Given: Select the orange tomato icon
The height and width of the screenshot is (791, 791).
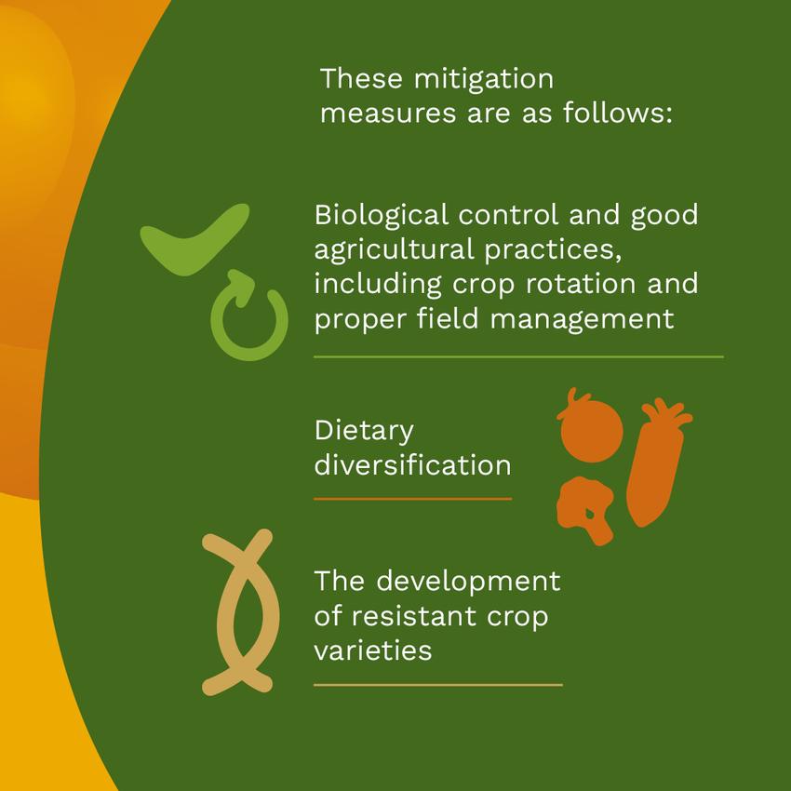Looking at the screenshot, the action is point(591,429).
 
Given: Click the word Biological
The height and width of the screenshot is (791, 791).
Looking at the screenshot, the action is point(382,215).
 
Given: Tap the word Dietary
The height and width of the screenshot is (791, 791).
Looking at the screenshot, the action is point(364,432).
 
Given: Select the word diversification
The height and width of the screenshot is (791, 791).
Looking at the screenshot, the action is point(412,464).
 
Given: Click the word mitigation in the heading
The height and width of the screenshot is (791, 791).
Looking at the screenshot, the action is point(484,80).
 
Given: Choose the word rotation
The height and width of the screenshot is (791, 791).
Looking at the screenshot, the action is point(581,284).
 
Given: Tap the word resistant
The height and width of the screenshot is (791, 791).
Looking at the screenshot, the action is point(414,616).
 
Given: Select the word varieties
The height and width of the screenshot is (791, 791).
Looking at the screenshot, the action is point(373,650).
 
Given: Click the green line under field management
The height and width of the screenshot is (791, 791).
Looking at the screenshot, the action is point(518,356).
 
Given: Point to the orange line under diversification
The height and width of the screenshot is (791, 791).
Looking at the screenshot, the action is point(412,499).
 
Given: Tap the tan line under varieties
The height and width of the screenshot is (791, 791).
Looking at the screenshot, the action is point(438,685).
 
